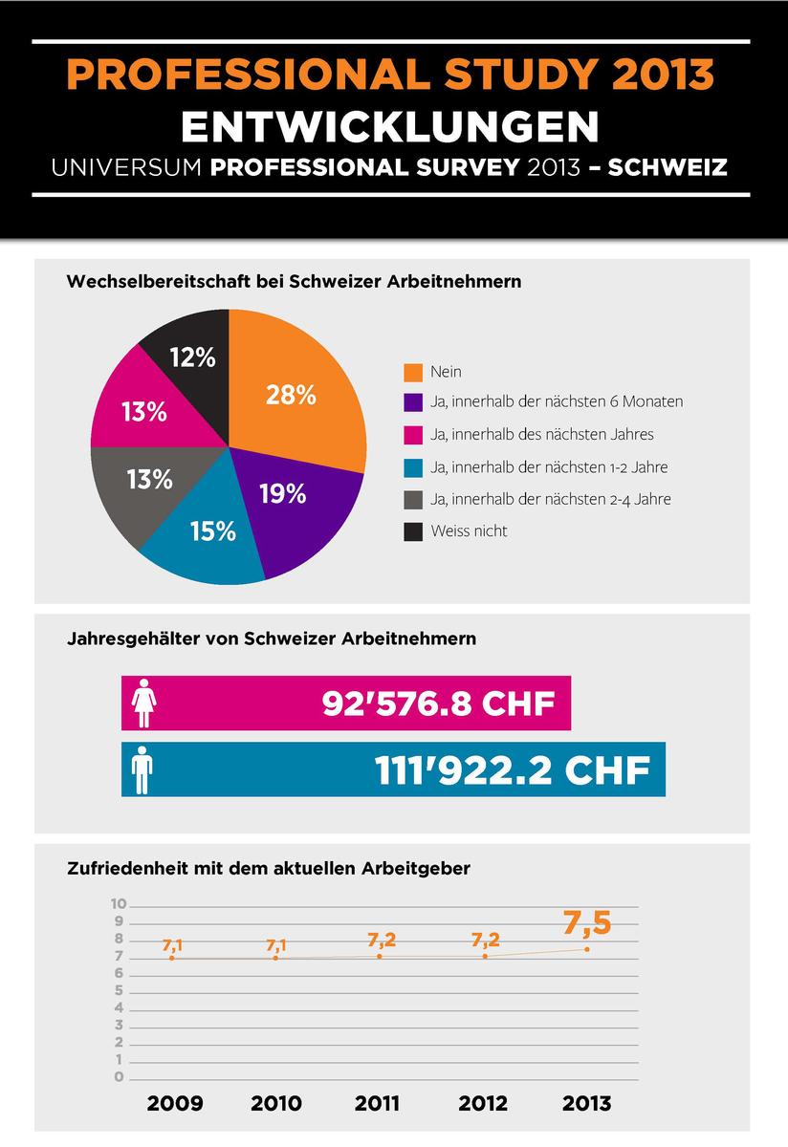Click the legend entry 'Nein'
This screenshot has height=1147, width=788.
point(446,371)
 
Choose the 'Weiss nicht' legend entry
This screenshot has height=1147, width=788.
point(469,530)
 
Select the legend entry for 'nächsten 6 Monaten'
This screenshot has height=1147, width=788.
point(557,402)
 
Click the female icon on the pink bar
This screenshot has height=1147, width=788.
point(144,703)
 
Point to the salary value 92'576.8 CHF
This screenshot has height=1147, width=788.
point(439,704)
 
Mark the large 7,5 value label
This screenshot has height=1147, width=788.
point(586,922)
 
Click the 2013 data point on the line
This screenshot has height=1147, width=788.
point(586,948)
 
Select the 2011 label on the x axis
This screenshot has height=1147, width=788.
point(379,1103)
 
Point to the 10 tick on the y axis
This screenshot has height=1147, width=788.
point(119,904)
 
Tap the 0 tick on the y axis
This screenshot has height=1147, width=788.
point(119,1077)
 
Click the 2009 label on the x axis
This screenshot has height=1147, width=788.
point(175,1103)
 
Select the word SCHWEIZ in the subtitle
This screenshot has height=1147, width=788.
point(668,167)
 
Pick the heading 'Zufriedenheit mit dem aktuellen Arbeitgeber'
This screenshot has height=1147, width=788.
point(269,869)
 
